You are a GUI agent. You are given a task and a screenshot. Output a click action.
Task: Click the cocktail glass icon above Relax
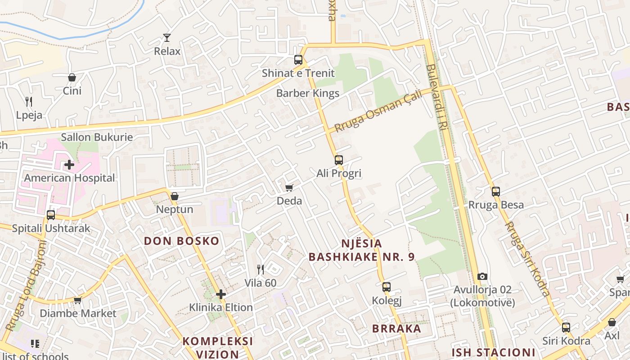click(167, 38)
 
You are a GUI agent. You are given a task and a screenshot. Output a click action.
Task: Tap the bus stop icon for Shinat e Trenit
click(298, 59)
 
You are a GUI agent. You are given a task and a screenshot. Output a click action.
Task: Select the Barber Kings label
click(308, 93)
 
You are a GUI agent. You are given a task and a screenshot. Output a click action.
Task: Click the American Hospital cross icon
click(69, 165)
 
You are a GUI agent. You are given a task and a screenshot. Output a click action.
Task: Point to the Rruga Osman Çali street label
click(378, 111)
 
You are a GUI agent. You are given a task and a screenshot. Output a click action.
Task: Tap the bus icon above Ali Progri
click(339, 160)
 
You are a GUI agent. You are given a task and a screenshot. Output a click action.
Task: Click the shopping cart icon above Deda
click(289, 187)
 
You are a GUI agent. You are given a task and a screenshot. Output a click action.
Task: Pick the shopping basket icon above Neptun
click(175, 196)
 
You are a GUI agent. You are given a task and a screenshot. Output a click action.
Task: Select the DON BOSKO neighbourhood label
click(182, 241)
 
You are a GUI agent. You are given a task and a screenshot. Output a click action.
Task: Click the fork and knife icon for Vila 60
click(261, 270)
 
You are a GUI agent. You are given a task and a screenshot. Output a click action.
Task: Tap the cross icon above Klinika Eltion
click(220, 294)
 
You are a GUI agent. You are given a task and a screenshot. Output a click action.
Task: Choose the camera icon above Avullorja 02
click(482, 276)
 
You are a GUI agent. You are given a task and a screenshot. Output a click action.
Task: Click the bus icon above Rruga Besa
click(496, 192)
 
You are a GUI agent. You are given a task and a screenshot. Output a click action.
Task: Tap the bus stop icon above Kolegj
click(387, 287)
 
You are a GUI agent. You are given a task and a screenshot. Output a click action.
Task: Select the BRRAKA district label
click(396, 328)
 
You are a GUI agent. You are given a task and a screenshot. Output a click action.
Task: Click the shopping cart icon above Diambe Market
click(77, 300)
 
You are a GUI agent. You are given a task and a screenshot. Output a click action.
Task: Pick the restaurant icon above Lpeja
click(29, 102)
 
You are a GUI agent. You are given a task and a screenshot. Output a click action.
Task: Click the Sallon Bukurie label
click(97, 137)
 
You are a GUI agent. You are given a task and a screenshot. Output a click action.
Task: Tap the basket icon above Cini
click(72, 77)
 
